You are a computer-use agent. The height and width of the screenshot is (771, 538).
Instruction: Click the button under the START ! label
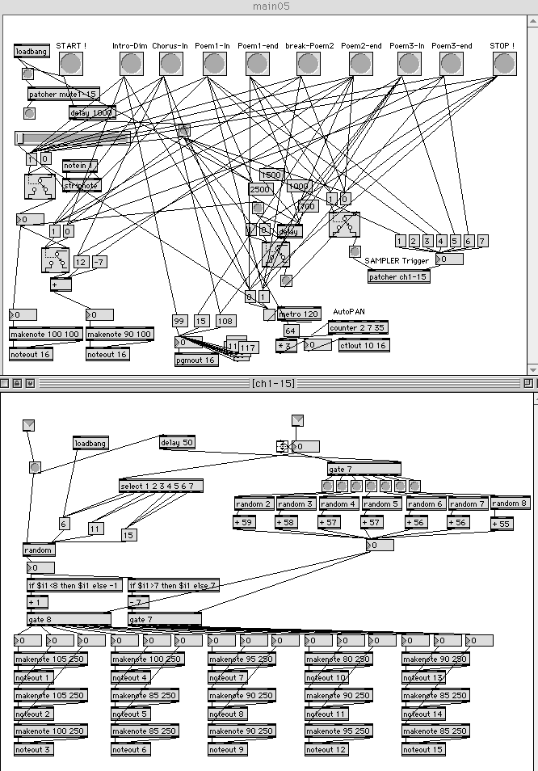coord(71,64)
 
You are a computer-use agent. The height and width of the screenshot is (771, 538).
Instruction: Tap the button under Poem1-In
coord(213,64)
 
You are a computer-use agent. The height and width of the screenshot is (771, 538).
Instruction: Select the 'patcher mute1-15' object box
coord(64,94)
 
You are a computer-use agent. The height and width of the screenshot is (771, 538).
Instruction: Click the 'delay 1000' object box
coord(91,112)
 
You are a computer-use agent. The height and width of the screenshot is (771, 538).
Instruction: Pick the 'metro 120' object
coord(299,314)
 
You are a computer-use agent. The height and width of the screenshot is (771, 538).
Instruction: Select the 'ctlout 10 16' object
coord(363,346)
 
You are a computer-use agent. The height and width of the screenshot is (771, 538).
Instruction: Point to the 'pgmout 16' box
coord(196,360)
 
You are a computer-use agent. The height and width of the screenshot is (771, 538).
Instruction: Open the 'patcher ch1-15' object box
coord(398,276)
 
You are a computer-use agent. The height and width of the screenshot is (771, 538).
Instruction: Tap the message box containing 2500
coord(260,188)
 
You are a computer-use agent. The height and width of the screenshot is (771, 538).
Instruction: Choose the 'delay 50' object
coord(177,442)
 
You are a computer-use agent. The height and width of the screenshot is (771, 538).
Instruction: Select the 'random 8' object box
coord(511,503)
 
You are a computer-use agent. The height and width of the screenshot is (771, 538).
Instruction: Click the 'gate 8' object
coord(68,619)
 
